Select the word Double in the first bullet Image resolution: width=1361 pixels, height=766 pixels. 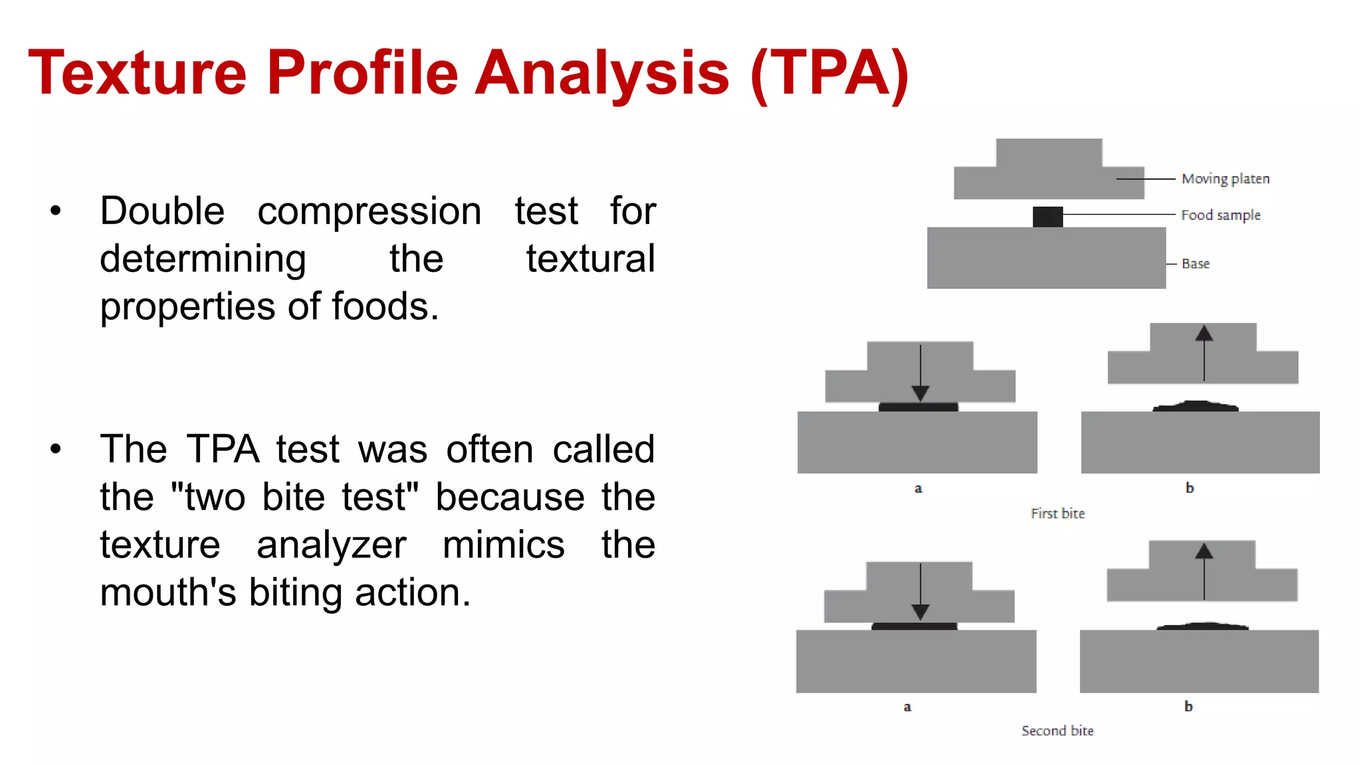pyautogui.click(x=162, y=211)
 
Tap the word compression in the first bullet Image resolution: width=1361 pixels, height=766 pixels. pyautogui.click(x=369, y=211)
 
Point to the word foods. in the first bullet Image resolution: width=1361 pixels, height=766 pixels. pyautogui.click(x=385, y=307)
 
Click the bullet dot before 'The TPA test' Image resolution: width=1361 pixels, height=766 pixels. pyautogui.click(x=55, y=449)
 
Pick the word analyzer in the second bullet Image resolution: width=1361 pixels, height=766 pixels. pyautogui.click(x=331, y=545)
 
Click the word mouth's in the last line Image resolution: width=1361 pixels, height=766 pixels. pyautogui.click(x=167, y=592)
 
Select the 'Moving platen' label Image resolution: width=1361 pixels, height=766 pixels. pyautogui.click(x=1225, y=179)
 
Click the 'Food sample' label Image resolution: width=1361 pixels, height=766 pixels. pyautogui.click(x=1220, y=215)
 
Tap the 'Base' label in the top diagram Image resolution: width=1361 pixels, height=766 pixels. pyautogui.click(x=1195, y=264)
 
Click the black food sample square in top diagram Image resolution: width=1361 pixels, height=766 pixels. pyautogui.click(x=1047, y=217)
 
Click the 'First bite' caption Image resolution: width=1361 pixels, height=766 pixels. pyautogui.click(x=1057, y=513)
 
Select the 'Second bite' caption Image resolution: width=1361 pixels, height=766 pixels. pyautogui.click(x=1057, y=731)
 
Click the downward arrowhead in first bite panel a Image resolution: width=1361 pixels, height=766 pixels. pyautogui.click(x=920, y=393)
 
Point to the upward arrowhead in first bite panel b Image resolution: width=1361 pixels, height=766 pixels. pyautogui.click(x=1204, y=333)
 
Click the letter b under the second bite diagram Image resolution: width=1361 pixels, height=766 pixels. pyautogui.click(x=1188, y=706)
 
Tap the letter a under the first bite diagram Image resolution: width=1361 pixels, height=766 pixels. pyautogui.click(x=918, y=489)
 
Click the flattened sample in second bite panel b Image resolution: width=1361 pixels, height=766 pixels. pyautogui.click(x=1202, y=626)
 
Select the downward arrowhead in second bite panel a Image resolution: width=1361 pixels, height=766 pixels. pyautogui.click(x=920, y=612)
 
